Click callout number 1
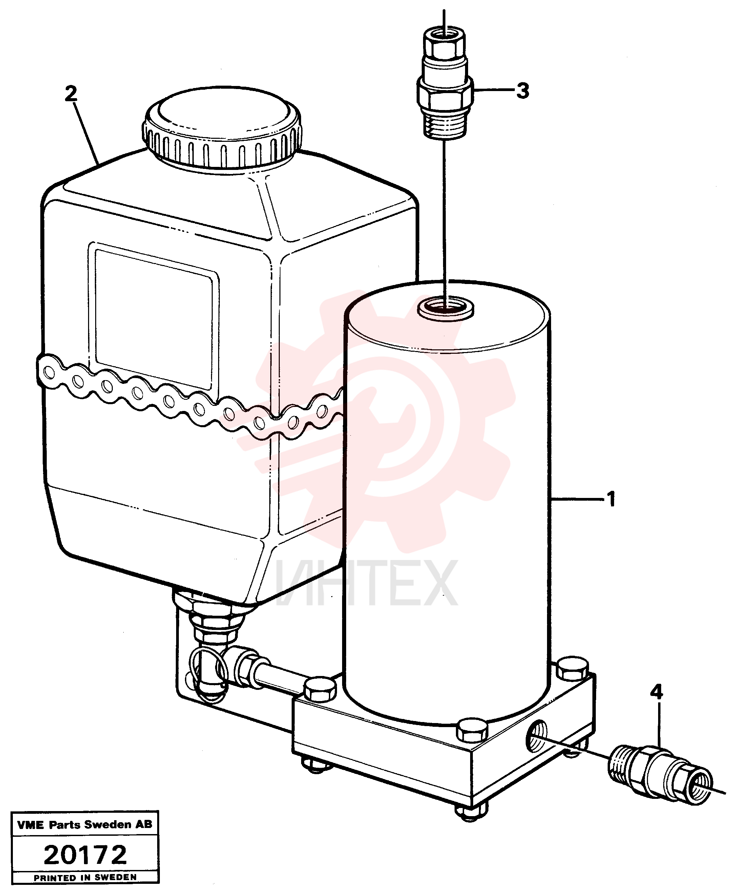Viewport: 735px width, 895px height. [611, 499]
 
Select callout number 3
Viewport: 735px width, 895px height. [523, 91]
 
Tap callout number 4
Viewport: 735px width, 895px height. [656, 692]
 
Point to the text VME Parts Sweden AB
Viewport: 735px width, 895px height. [85, 824]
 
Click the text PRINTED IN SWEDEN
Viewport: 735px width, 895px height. [85, 878]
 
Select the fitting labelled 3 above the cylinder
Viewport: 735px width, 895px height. [445, 82]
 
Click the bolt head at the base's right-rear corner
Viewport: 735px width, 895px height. [573, 669]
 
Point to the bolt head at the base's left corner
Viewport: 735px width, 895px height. [320, 689]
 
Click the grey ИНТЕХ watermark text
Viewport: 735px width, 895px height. [366, 583]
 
